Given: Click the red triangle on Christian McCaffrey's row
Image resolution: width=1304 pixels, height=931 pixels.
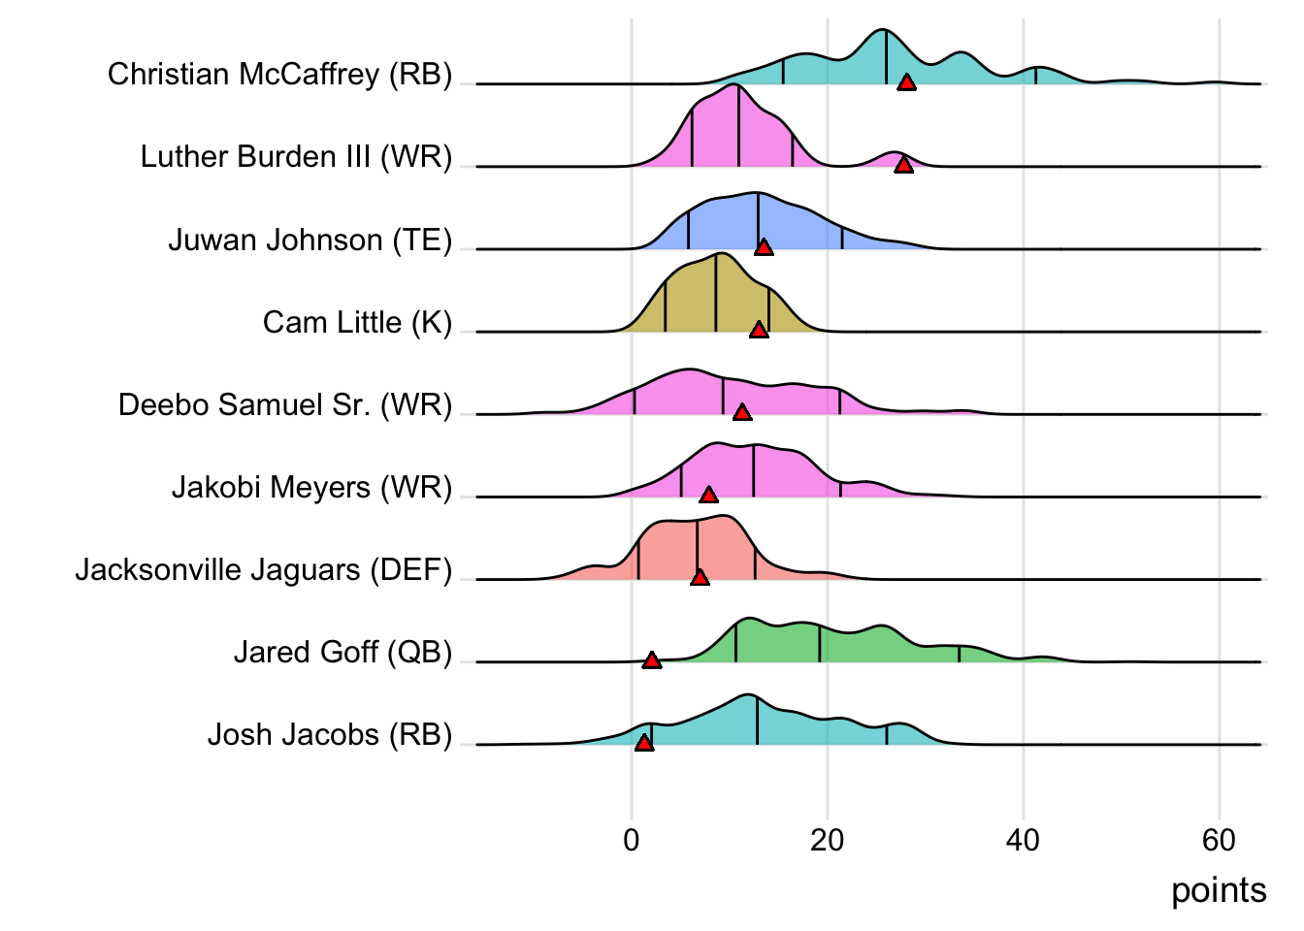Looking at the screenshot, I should (906, 82).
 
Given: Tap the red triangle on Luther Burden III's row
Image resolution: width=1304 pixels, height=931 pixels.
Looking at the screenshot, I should (903, 165).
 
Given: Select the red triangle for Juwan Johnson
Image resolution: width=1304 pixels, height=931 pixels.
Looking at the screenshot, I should (764, 247).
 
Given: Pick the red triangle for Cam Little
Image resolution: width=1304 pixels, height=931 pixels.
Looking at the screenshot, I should (759, 330).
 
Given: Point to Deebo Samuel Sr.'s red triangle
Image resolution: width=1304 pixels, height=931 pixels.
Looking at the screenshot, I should (742, 412).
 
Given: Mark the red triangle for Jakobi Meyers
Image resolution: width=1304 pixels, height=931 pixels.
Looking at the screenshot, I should (709, 495).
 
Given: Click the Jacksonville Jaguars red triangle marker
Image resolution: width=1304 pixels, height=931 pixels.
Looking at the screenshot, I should (700, 577).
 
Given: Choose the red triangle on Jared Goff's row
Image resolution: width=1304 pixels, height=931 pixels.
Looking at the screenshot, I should (652, 660).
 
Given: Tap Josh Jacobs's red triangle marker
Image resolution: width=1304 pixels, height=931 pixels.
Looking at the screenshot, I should (644, 743).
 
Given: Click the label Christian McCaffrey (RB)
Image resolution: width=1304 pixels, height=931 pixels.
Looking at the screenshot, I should (279, 75).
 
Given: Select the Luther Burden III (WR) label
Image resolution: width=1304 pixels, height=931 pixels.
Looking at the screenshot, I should (296, 157).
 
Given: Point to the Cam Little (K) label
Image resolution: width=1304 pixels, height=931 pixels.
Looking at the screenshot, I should (357, 322).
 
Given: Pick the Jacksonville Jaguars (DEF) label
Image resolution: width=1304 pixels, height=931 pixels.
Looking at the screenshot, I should (264, 570).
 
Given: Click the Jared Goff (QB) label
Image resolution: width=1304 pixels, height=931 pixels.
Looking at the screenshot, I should (342, 653).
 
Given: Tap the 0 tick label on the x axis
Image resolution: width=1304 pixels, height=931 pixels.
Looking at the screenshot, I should (632, 840).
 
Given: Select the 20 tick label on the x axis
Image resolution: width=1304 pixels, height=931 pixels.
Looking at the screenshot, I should (827, 840).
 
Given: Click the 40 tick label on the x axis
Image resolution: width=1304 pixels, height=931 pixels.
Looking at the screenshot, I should (1023, 840).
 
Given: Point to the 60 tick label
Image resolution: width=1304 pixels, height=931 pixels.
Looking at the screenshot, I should (1219, 840).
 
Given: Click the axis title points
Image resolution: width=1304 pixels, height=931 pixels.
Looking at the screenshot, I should (1219, 890).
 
